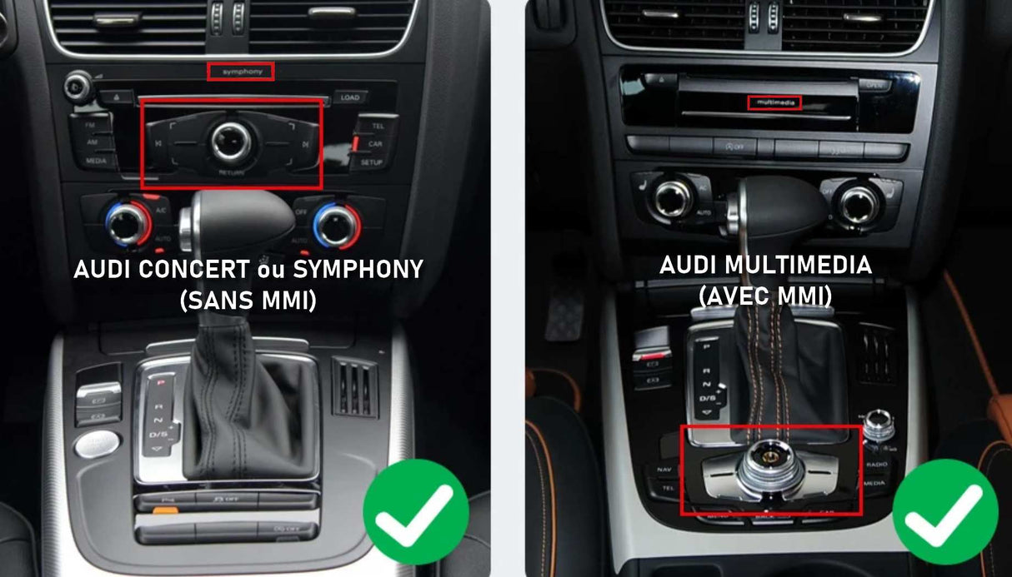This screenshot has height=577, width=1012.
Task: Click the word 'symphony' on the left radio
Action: [x=240, y=72]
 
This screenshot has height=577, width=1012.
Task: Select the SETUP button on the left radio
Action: [x=372, y=162]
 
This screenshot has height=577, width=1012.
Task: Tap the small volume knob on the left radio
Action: [x=78, y=84]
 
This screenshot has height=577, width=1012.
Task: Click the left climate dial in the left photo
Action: [x=125, y=222]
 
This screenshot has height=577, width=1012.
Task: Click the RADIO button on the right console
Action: [x=876, y=464]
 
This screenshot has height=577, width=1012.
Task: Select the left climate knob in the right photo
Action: [x=673, y=198]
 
